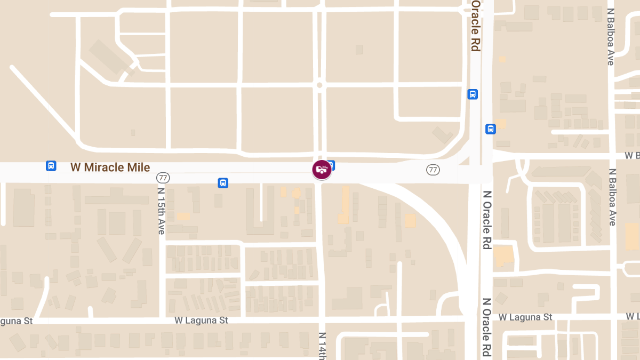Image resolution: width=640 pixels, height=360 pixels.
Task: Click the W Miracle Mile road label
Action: click(x=110, y=167)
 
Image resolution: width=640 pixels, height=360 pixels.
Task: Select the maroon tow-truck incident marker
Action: click(x=322, y=170)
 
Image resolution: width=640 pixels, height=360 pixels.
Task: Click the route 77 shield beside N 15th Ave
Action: click(x=163, y=177)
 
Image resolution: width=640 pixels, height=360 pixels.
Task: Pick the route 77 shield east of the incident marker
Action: click(x=433, y=170)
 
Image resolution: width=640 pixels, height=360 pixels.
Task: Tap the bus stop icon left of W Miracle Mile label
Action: click(x=51, y=165)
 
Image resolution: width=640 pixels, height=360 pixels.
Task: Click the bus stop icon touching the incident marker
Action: click(x=331, y=164)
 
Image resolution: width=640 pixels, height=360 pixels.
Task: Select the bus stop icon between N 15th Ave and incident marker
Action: click(x=223, y=183)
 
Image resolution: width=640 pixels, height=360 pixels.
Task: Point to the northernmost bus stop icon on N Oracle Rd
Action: click(x=473, y=94)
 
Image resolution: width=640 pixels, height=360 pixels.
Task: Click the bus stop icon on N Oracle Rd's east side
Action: click(x=491, y=129)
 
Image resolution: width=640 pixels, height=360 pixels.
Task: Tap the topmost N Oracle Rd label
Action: click(x=475, y=26)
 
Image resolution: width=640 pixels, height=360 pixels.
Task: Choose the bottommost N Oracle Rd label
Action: click(x=486, y=326)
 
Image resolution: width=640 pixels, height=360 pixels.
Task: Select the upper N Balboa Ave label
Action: click(x=611, y=36)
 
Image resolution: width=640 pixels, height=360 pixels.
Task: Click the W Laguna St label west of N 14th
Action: click(x=201, y=321)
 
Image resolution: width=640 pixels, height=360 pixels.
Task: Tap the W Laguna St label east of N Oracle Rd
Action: click(x=525, y=317)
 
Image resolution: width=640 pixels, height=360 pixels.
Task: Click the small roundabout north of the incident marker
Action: click(x=319, y=85)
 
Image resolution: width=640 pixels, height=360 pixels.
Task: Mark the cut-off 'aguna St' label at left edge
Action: click(x=16, y=321)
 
